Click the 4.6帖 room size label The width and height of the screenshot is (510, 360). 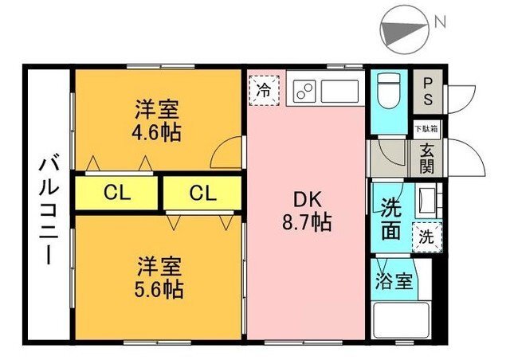pos(156,132)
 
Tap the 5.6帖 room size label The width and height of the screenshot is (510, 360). pos(159,289)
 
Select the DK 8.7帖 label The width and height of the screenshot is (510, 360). pos(307,211)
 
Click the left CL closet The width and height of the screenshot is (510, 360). pos(116,194)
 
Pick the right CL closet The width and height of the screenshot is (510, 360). pos(202,194)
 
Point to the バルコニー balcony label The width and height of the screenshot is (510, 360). pos(49,211)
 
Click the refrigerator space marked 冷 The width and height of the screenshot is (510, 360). pos(264,91)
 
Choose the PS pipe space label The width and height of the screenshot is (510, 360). pos(428,92)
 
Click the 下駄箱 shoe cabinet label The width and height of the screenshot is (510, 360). pos(426,129)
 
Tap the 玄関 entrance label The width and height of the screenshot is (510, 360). pos(426,158)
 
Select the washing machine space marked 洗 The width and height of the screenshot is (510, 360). pos(427,237)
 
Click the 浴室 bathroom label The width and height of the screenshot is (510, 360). pos(394,281)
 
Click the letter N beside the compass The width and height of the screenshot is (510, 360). pos(440,22)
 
